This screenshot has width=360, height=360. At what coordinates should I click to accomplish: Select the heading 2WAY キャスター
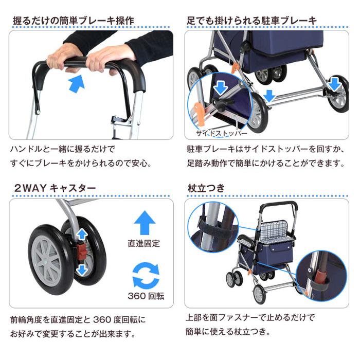pos(55,188)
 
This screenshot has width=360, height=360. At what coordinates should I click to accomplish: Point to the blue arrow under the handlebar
pos(76,83)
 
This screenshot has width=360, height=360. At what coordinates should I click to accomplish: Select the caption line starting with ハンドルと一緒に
pos(63,149)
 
